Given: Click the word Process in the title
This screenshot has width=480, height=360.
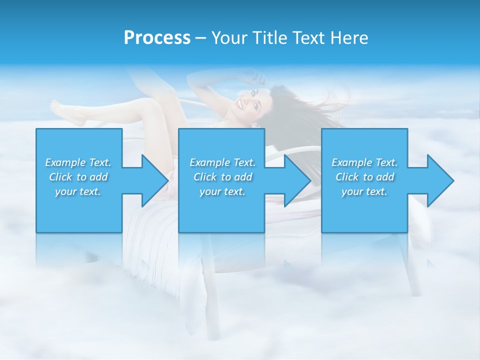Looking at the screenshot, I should (x=157, y=37).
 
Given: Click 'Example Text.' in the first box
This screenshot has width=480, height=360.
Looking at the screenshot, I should (x=78, y=162).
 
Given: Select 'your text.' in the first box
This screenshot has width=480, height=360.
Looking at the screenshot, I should (x=78, y=191).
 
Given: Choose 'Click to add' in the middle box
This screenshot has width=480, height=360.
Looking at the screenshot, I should (x=222, y=177).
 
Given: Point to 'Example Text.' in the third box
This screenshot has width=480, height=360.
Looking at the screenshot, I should (x=364, y=162).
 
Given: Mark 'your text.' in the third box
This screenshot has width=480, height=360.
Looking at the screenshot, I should (x=364, y=191).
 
